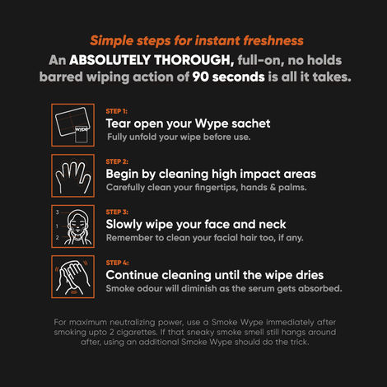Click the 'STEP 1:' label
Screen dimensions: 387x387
point(117,110)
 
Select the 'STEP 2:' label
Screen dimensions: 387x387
point(117,161)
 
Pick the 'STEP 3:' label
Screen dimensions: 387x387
point(117,212)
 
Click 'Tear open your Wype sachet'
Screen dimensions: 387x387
point(188,124)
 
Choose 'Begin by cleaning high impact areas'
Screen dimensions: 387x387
point(211,175)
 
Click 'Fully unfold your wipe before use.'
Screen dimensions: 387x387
point(178,137)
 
